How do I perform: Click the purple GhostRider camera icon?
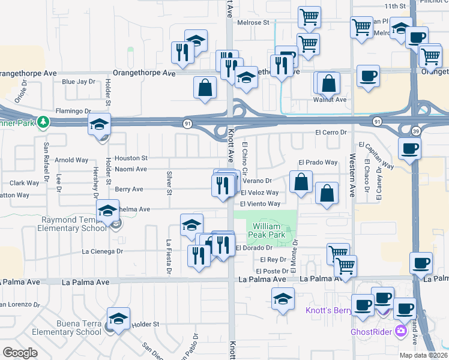(401, 331)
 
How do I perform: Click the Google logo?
(20, 352)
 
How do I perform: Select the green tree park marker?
(43, 122)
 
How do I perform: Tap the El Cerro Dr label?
(331, 132)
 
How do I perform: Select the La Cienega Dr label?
(102, 251)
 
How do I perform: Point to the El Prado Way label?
(318, 163)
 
